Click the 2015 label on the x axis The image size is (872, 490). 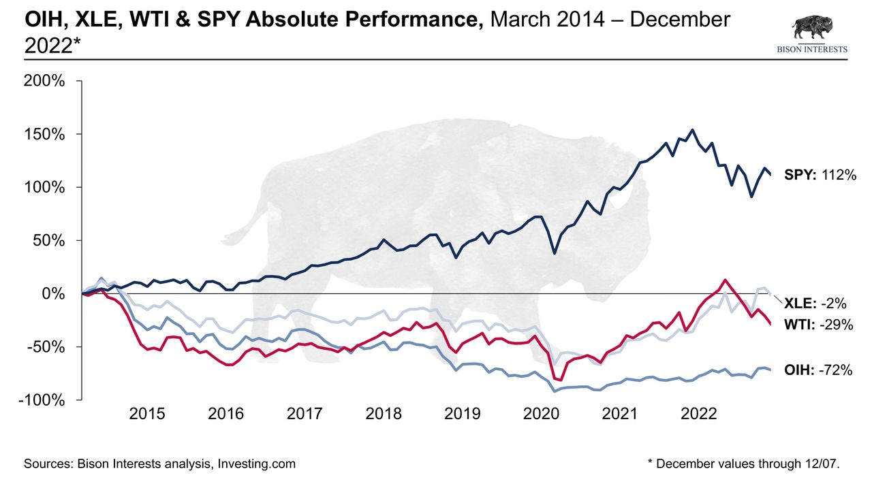(147, 414)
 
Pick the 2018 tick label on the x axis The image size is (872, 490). (384, 414)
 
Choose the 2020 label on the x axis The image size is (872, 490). (542, 414)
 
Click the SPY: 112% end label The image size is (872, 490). (818, 176)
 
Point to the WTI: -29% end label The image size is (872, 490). (818, 325)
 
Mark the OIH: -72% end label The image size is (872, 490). (818, 370)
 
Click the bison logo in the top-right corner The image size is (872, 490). (811, 28)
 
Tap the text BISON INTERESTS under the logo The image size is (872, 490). (812, 50)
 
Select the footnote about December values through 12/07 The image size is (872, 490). (743, 464)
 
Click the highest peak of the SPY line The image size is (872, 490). (693, 130)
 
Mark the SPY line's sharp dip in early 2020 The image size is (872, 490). (555, 253)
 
